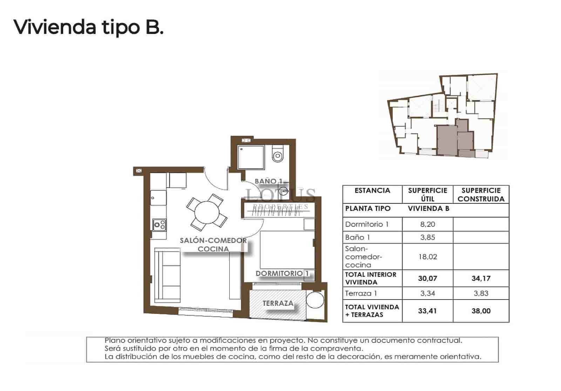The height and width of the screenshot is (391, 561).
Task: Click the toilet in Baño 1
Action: [x=278, y=155]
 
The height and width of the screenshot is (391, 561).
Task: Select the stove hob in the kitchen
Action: [x=159, y=224]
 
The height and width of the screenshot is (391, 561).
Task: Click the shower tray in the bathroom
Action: [x=251, y=157]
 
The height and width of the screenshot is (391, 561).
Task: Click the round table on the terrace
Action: [x=315, y=300]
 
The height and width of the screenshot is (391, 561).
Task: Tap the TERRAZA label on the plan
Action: [x=278, y=303]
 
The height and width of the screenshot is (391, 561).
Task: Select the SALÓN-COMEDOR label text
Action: [x=213, y=241]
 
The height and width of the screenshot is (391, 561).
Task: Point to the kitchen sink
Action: [x=158, y=198]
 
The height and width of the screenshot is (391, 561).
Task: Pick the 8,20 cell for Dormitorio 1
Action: [x=427, y=224]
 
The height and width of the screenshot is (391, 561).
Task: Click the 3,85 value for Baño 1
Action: [x=427, y=237]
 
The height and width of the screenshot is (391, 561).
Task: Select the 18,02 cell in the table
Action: [x=427, y=257]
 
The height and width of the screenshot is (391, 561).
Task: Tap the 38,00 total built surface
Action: [x=481, y=311]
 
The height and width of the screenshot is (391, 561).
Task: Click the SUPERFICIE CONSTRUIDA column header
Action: [x=481, y=195]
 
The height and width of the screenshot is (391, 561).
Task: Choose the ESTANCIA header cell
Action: [x=372, y=190]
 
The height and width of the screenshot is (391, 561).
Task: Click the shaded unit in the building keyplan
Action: [x=447, y=140]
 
